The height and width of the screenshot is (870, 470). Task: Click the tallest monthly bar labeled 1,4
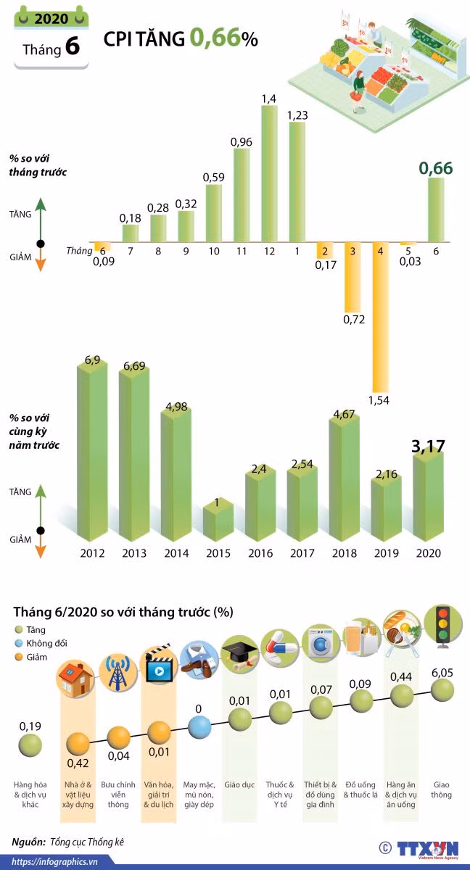click(270, 173)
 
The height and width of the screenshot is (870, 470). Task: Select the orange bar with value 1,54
click(381, 318)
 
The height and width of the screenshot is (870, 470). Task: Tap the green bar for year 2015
click(218, 520)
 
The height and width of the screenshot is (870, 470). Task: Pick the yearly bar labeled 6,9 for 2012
click(92, 449)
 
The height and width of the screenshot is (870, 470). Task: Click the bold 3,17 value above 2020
click(428, 447)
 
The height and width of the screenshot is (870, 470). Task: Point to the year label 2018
click(344, 553)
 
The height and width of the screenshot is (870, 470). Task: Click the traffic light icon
click(443, 626)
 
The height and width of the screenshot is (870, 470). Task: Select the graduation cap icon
click(239, 655)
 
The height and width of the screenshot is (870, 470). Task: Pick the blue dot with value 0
click(199, 726)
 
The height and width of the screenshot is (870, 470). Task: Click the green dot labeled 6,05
click(442, 690)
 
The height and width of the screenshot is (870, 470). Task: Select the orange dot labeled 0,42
click(78, 744)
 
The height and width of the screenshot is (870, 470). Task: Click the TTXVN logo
click(427, 850)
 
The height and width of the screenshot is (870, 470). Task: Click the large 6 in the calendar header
click(73, 46)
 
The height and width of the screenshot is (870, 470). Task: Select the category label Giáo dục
click(239, 784)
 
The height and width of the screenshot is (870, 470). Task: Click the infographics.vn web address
click(54, 862)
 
